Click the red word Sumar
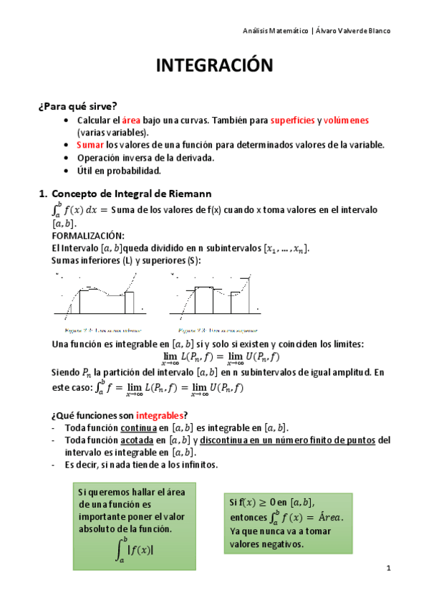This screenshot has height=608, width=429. [x=90, y=145]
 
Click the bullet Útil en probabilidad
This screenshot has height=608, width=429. [x=119, y=170]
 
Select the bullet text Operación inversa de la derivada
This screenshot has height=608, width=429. [x=146, y=158]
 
